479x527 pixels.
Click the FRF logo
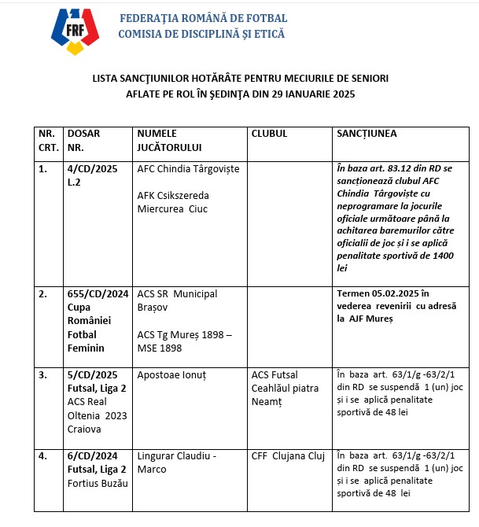coord(76,31)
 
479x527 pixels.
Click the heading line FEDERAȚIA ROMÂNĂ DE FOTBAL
coord(203,18)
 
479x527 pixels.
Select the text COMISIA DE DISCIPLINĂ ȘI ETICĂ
coord(201,34)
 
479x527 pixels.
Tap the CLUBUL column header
coord(269,134)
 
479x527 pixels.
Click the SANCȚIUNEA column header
coord(367,134)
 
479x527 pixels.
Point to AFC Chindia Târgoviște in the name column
coord(188,169)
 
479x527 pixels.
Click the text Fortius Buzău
coord(98,482)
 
